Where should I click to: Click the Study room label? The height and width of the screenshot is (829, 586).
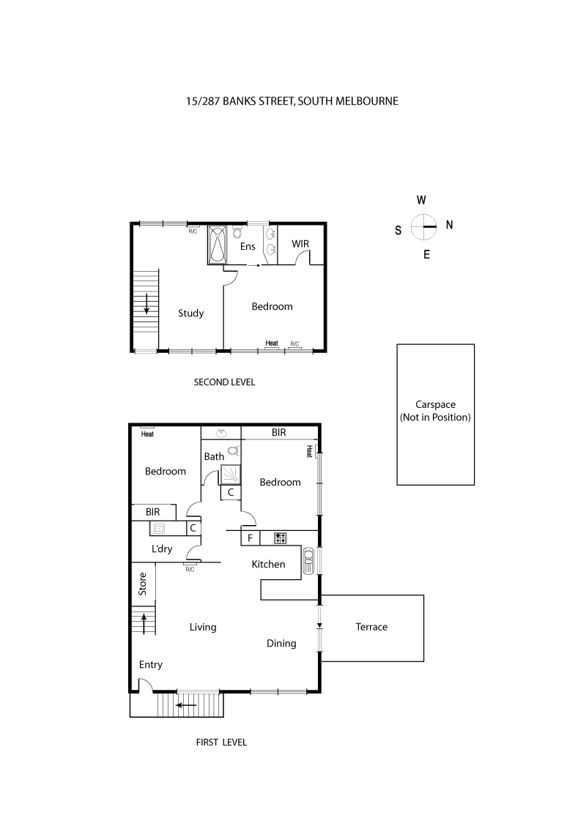pyautogui.click(x=190, y=313)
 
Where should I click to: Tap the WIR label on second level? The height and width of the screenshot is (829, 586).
pyautogui.click(x=301, y=243)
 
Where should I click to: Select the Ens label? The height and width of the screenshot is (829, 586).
pyautogui.click(x=248, y=247)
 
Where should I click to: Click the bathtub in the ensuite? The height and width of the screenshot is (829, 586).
pyautogui.click(x=218, y=245)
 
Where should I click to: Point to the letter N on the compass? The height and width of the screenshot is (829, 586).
pyautogui.click(x=449, y=226)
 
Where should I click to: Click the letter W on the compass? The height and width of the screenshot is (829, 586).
pyautogui.click(x=421, y=200)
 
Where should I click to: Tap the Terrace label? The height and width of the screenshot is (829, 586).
pyautogui.click(x=371, y=627)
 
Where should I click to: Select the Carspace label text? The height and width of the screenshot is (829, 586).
pyautogui.click(x=435, y=404)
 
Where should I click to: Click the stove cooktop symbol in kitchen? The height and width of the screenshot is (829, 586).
pyautogui.click(x=280, y=538)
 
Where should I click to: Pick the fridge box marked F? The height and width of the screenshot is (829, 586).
pyautogui.click(x=250, y=538)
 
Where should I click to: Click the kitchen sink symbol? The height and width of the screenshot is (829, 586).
pyautogui.click(x=308, y=562)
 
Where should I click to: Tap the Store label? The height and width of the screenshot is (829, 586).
pyautogui.click(x=143, y=584)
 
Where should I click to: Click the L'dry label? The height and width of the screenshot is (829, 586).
pyautogui.click(x=162, y=549)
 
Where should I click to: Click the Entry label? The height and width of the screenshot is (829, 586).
pyautogui.click(x=150, y=665)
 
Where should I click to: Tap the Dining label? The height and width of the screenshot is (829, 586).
pyautogui.click(x=281, y=644)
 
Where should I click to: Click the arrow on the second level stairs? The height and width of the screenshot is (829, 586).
pyautogui.click(x=146, y=302)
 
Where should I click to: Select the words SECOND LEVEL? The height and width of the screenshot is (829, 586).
pyautogui.click(x=224, y=382)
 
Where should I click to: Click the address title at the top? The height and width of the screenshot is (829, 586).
pyautogui.click(x=292, y=101)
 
